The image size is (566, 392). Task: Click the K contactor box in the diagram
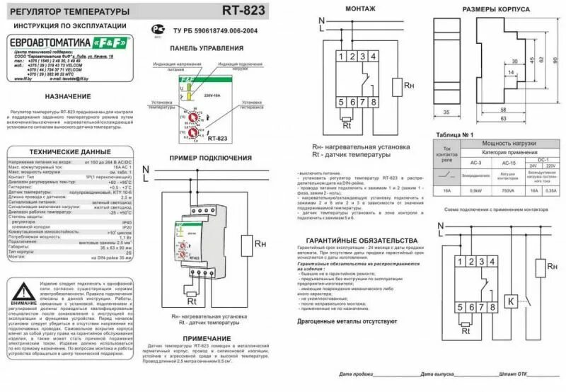pos(509,300)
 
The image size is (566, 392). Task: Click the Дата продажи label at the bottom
pos(356,374)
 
